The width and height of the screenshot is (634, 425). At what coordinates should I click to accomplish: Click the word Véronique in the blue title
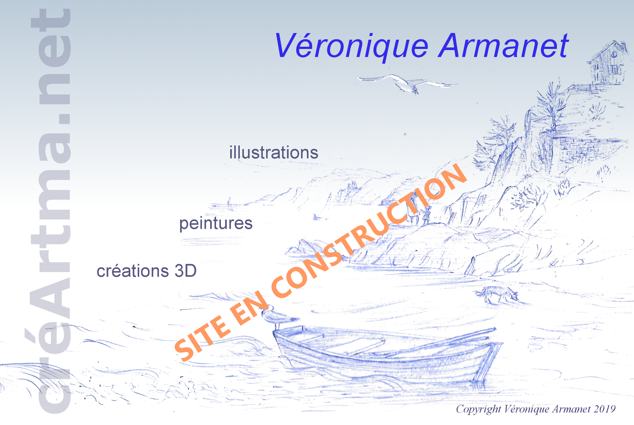click(351, 46)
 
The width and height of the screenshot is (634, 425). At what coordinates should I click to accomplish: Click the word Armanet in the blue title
click(503, 46)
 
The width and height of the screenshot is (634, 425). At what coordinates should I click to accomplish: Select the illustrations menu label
click(274, 153)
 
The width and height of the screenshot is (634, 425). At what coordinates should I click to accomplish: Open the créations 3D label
click(146, 271)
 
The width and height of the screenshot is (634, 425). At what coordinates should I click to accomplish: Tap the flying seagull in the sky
click(407, 83)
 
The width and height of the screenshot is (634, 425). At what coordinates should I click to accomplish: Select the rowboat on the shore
click(386, 352)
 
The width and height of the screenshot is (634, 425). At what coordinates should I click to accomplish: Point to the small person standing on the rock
click(426, 215)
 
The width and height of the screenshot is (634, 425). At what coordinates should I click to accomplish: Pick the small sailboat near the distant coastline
click(229, 202)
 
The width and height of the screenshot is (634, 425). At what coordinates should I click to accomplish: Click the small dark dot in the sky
click(405, 134)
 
